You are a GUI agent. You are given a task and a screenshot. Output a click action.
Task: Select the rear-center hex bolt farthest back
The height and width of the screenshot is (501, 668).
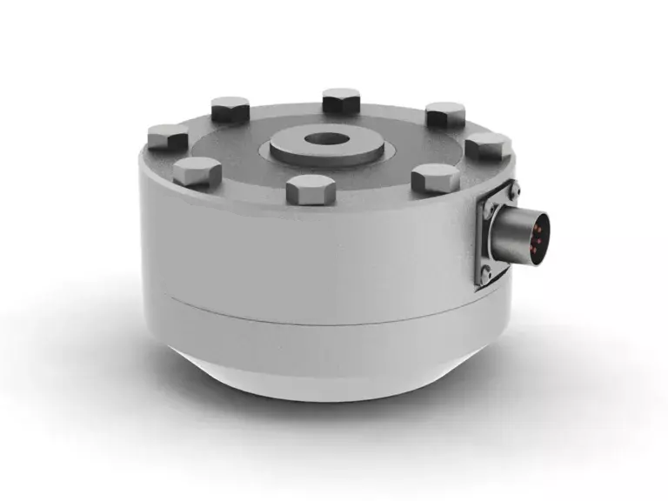click(x=341, y=101)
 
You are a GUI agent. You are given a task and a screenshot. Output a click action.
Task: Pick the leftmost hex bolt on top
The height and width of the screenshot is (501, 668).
click(x=168, y=137)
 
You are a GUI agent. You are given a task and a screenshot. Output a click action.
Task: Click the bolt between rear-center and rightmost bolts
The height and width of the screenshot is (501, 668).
click(x=445, y=114)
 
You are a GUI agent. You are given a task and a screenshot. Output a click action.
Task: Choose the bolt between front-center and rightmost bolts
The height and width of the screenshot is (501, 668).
click(x=434, y=178)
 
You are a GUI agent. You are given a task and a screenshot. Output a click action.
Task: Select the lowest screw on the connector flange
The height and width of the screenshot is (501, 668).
click(x=486, y=277)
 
